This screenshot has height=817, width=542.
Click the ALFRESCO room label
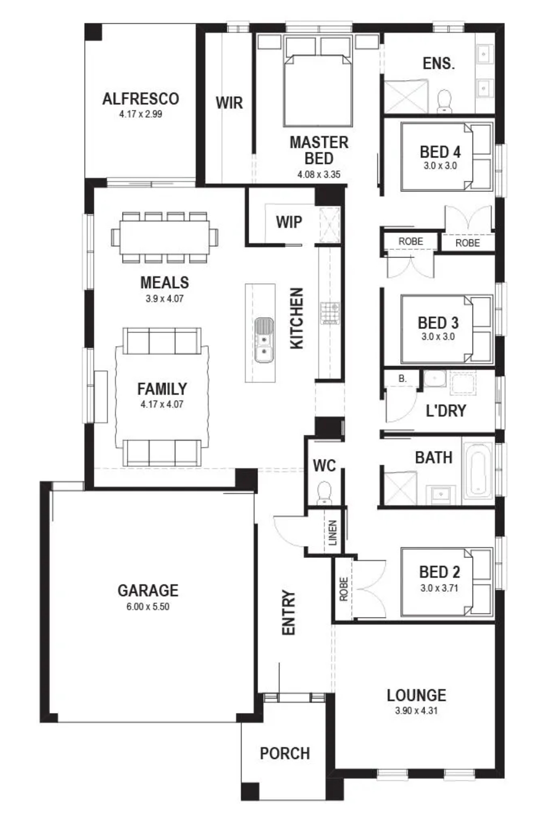coord(140,99)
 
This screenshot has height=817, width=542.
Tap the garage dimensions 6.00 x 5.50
coord(148,606)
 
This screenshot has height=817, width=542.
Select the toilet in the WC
coord(324,493)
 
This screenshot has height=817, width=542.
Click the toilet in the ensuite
coord(444,102)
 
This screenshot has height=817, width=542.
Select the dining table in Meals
coord(164,238)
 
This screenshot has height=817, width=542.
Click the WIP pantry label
coord(289,222)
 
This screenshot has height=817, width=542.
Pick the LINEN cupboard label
coord(332,533)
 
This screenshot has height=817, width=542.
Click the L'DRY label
coord(446,411)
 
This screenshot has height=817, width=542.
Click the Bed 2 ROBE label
coord(344,589)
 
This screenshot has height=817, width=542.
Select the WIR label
coord(229,103)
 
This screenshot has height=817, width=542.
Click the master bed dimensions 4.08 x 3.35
coord(319,174)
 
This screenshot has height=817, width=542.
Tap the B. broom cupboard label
coord(403,378)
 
